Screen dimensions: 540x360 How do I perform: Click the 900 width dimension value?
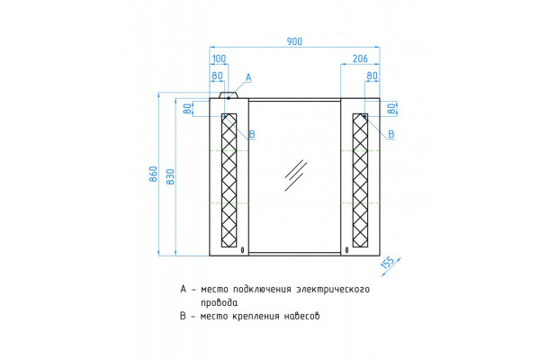point(294,41)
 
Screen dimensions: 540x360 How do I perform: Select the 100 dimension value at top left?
point(219,58)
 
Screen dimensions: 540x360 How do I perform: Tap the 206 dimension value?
point(360,58)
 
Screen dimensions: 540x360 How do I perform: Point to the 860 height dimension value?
point(154,174)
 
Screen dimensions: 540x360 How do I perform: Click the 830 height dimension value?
point(171,176)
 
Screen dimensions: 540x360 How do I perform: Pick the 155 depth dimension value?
point(388,263)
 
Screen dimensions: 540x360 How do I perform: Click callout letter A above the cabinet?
point(248,78)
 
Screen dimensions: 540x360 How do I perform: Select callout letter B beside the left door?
point(252,134)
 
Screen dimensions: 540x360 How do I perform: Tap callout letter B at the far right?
point(391,134)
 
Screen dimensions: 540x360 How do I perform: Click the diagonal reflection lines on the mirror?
point(295,175)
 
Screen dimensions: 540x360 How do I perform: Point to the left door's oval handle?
point(243,250)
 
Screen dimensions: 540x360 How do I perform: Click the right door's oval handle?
point(346,250)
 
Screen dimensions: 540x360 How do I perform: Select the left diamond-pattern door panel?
point(229,181)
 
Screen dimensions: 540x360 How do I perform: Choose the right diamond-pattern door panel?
point(360,181)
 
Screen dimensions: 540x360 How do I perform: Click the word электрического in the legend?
point(333,290)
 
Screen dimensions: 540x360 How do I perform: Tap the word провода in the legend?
point(219,302)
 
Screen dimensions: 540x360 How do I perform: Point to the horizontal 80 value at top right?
point(372,76)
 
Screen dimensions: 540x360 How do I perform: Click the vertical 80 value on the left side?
point(188,109)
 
